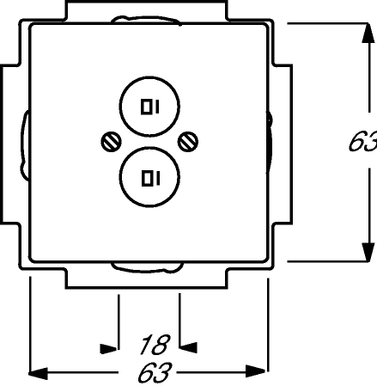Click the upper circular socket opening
coord(149,77)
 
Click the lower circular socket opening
coord(149,147)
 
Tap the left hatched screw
coord(112,142)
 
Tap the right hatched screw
coord(188,142)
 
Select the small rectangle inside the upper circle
coord(147,107)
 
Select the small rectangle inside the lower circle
coord(148,178)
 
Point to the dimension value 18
coord(155,345)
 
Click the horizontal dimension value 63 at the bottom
coord(155,372)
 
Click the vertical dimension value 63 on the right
coord(362,142)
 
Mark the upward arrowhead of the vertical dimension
coord(368,34)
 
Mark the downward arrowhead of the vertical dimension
coord(368,252)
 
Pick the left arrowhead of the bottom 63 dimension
coord(38,373)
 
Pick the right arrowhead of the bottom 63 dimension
coord(256,371)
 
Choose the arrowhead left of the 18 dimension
coord(108,349)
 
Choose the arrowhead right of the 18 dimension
coord(188,347)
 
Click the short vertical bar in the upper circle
coord(156,107)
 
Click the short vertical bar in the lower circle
coord(157,179)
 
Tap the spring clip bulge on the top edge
coord(146,19)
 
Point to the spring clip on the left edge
coord(24,145)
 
